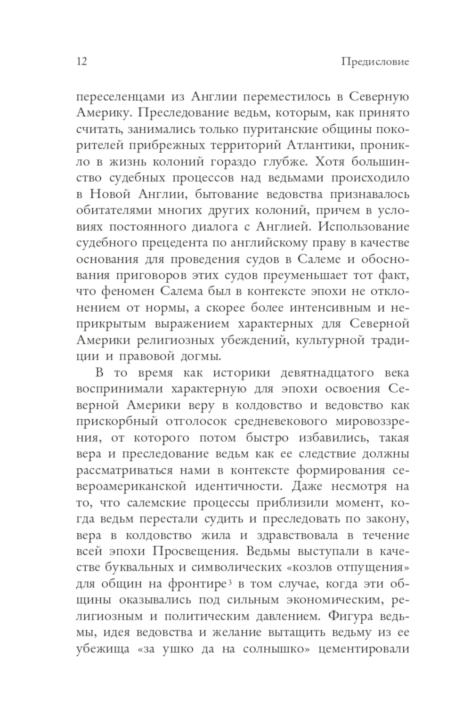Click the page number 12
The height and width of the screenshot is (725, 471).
click(81, 62)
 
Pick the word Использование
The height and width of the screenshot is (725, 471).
click(364, 227)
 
